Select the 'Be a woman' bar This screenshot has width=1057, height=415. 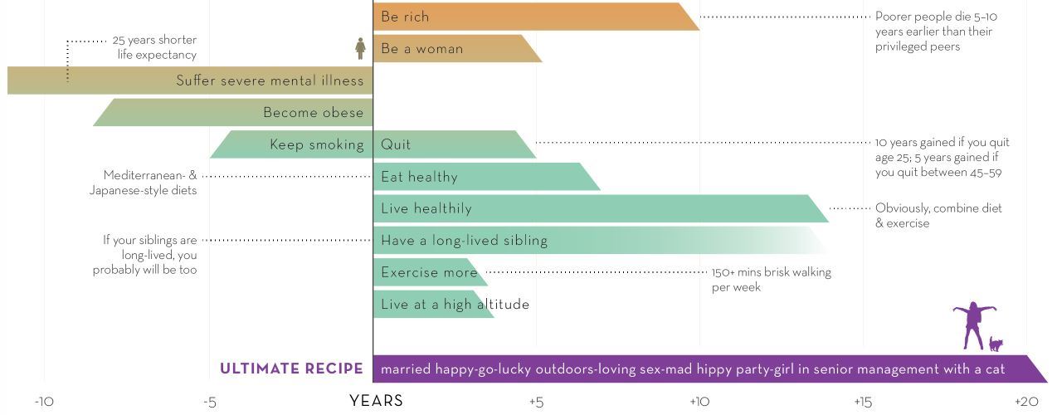[456, 48]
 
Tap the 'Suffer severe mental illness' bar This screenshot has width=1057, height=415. [191, 81]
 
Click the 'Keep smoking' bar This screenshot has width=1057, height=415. [290, 144]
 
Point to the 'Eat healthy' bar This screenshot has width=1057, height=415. [485, 177]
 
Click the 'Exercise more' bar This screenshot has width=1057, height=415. [430, 272]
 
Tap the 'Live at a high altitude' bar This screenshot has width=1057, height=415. [433, 305]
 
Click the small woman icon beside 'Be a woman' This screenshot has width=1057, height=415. [360, 48]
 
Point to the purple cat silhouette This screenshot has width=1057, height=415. [996, 344]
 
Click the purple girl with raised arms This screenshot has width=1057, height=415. [973, 326]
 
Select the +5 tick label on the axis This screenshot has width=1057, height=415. [536, 403]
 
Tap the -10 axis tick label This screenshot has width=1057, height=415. [44, 403]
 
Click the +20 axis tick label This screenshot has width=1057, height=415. [1026, 403]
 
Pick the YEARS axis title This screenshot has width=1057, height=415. [376, 401]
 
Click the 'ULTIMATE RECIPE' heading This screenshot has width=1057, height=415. [291, 369]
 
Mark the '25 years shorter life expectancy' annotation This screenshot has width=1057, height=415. [154, 47]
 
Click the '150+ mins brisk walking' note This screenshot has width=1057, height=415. [771, 280]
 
